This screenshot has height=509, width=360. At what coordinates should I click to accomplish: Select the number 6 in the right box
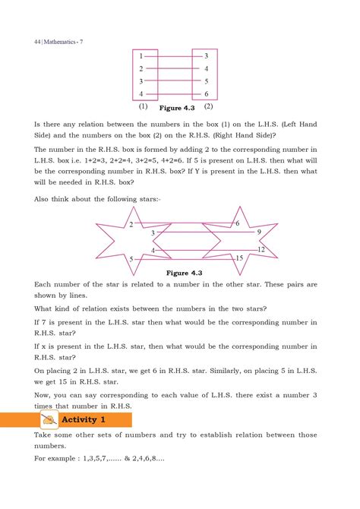(207, 94)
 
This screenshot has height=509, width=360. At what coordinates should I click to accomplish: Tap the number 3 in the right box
(207, 57)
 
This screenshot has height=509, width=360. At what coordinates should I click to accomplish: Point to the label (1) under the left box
(142, 107)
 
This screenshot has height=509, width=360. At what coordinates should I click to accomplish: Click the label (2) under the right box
(206, 107)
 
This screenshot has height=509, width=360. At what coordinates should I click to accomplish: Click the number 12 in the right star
(261, 250)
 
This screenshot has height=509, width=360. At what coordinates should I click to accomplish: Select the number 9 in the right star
(259, 232)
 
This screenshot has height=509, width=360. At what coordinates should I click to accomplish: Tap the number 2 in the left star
(131, 225)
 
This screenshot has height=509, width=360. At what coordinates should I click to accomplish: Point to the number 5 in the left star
(131, 260)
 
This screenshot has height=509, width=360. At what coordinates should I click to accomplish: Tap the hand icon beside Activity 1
(50, 419)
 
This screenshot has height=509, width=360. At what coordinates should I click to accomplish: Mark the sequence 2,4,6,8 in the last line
(156, 460)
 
